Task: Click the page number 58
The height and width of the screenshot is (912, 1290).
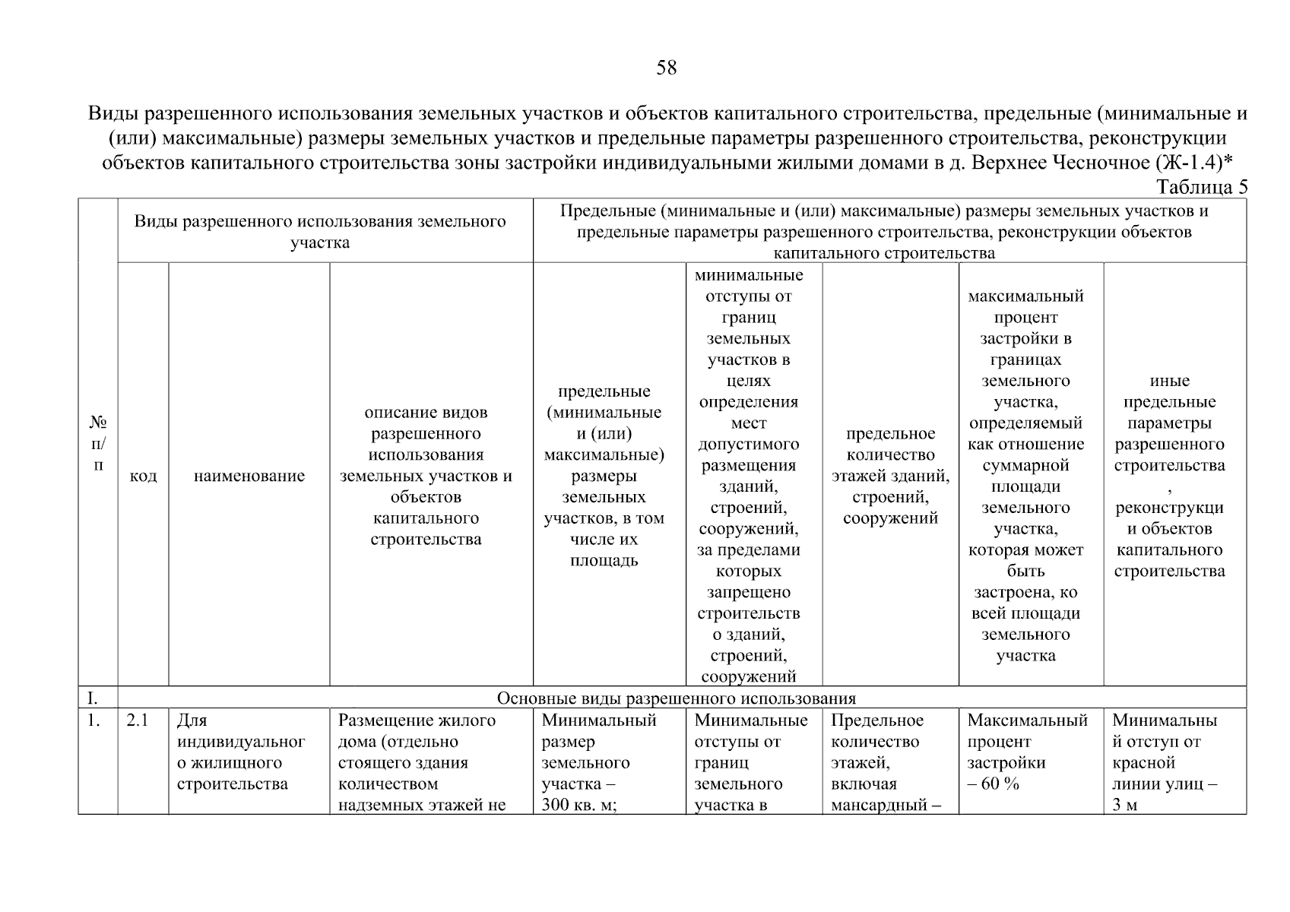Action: (666, 68)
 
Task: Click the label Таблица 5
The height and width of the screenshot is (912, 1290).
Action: (1201, 188)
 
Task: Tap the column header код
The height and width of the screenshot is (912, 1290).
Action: (143, 477)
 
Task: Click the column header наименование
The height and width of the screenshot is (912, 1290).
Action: (249, 477)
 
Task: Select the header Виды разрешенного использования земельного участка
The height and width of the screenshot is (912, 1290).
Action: (320, 232)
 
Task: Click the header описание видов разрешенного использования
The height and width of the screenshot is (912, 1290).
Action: (426, 476)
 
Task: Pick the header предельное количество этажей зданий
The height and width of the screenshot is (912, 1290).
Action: (890, 476)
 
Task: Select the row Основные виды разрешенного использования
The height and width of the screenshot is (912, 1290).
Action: (676, 698)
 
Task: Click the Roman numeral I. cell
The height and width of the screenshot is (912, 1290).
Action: (93, 698)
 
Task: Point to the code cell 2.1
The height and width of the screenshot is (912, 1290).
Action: (138, 720)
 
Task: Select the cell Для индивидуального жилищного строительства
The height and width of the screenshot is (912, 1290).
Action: (240, 752)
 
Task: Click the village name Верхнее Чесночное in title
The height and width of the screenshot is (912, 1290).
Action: (1060, 163)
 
